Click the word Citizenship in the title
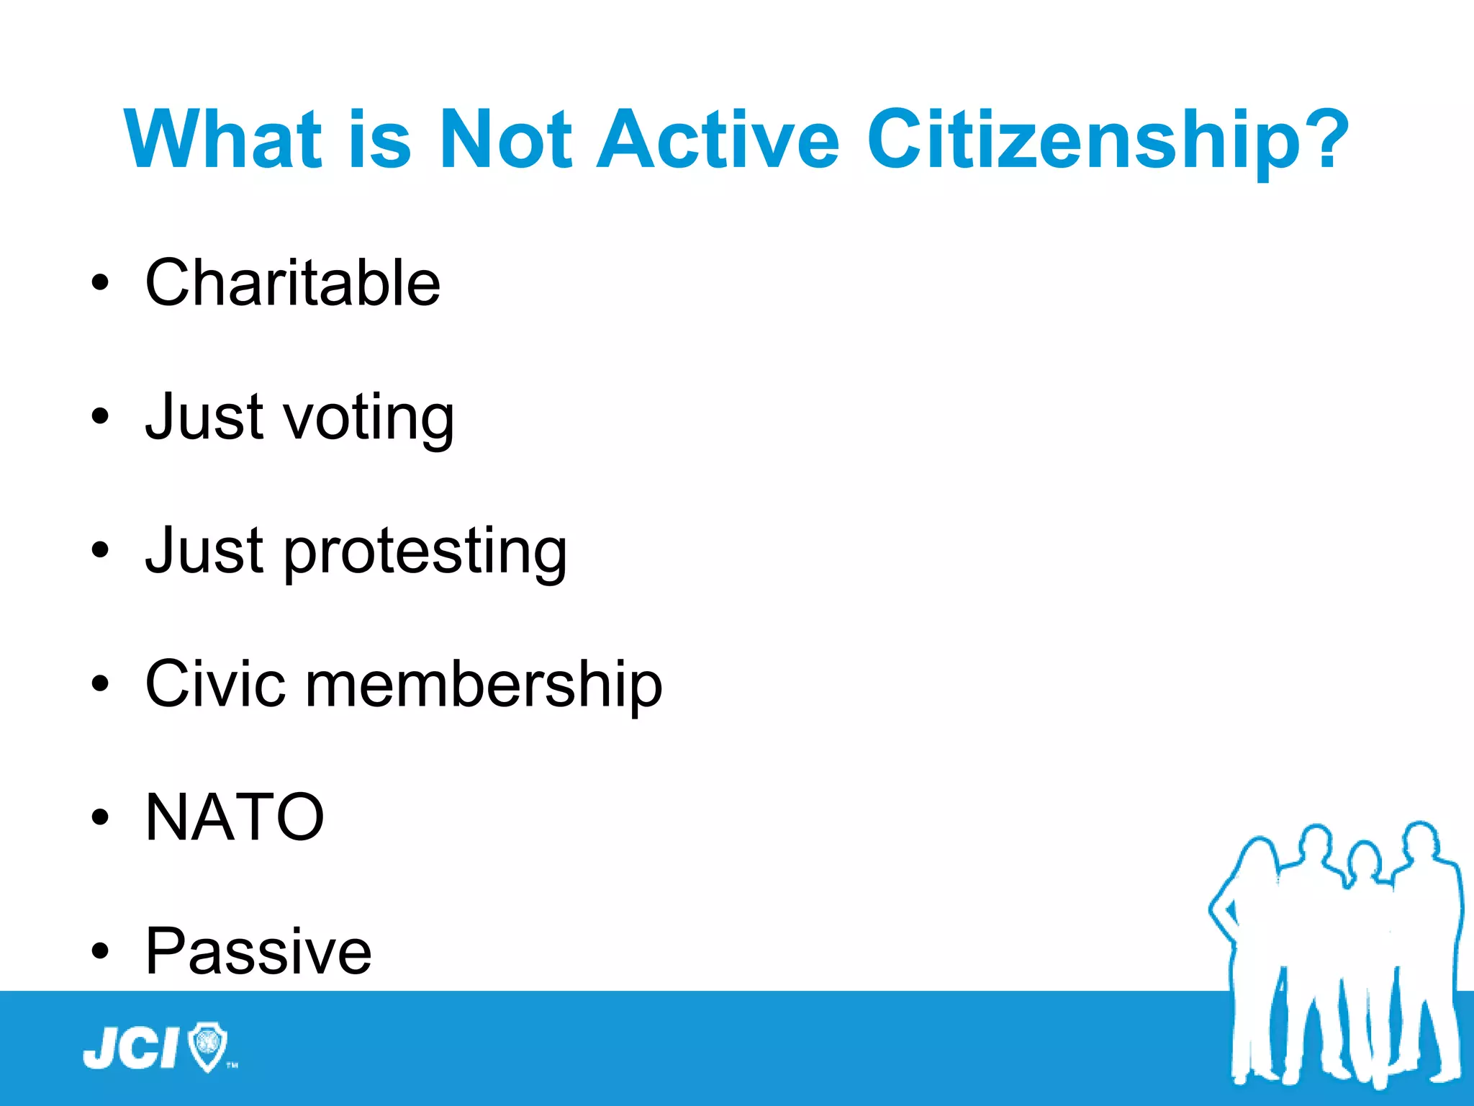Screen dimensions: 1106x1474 [x=1080, y=140]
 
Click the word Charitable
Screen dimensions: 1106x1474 [x=292, y=282]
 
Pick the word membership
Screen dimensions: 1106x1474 [x=483, y=683]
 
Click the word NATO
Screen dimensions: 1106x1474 [x=235, y=817]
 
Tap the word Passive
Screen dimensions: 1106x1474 [x=258, y=951]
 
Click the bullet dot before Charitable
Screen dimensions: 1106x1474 [x=100, y=283]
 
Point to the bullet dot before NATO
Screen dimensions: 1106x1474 [x=100, y=818]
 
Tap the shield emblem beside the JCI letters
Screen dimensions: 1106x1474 [x=207, y=1046]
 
